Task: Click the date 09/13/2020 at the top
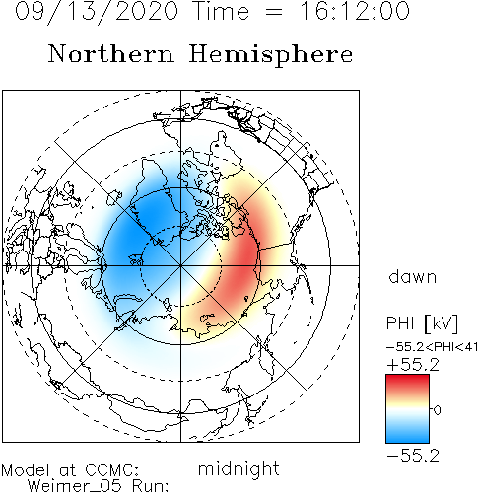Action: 97,11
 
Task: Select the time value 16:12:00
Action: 355,11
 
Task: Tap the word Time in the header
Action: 222,11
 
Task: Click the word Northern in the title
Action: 111,53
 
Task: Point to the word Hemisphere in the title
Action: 271,55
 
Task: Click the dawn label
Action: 413,277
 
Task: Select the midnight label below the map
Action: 238,468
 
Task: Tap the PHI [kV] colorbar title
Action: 422,323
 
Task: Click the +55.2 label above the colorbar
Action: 413,365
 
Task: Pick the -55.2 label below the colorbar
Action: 413,456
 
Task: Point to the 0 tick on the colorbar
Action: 437,410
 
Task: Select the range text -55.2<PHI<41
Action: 432,347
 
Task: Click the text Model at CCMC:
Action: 70,470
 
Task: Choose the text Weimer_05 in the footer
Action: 75,486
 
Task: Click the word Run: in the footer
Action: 151,485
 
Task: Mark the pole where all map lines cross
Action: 180,265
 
